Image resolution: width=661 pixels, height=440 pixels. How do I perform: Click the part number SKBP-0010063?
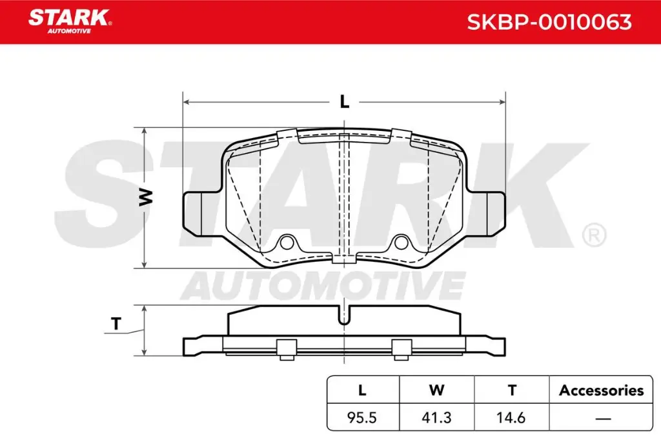click(x=549, y=23)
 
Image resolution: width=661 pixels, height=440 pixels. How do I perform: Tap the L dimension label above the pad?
click(x=345, y=102)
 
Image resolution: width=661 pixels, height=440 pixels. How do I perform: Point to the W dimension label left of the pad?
click(x=147, y=197)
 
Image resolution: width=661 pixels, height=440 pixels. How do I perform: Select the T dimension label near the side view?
click(x=116, y=325)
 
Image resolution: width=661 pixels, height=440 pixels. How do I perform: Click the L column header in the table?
click(x=363, y=390)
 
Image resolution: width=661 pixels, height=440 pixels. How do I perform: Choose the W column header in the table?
click(x=437, y=390)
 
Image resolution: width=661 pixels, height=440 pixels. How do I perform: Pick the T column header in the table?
click(x=511, y=390)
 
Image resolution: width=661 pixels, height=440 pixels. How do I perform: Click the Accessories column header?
click(x=601, y=390)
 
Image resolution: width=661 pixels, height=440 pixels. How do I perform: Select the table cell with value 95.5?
click(x=363, y=417)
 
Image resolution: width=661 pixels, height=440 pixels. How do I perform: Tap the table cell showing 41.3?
click(x=437, y=417)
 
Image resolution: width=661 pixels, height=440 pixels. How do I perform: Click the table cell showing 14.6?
click(x=511, y=417)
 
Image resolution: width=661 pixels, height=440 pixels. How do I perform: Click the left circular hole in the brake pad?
click(x=287, y=243)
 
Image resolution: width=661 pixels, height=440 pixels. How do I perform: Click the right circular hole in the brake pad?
click(x=401, y=243)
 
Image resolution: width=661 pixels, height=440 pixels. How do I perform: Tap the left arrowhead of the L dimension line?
click(x=187, y=102)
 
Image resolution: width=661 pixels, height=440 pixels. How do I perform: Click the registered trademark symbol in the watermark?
click(x=593, y=235)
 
